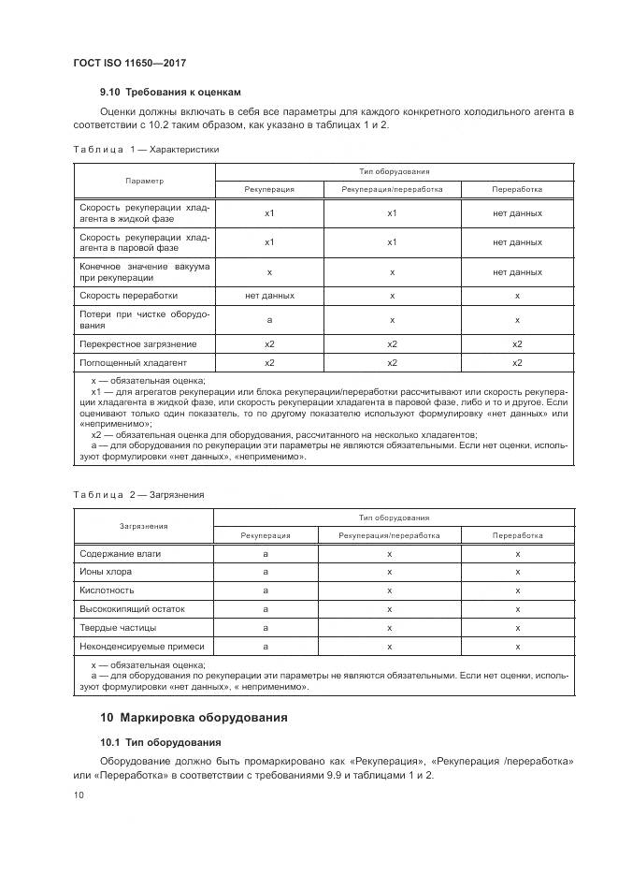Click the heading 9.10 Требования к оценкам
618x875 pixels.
pyautogui.click(x=170, y=92)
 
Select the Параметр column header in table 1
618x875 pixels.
pyautogui.click(x=144, y=180)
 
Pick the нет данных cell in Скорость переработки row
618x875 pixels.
pyautogui.click(x=269, y=295)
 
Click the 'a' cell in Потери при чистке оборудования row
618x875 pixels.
pyautogui.click(x=269, y=319)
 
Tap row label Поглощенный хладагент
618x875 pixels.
pyautogui.click(x=133, y=362)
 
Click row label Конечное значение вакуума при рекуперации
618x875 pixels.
pyautogui.click(x=144, y=271)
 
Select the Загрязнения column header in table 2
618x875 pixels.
pyautogui.click(x=143, y=526)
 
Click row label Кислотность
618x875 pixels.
pyautogui.click(x=107, y=591)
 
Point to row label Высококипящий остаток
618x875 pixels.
pyautogui.click(x=132, y=609)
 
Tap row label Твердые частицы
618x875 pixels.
pyautogui.click(x=118, y=627)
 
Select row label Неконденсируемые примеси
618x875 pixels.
pyautogui.click(x=141, y=646)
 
